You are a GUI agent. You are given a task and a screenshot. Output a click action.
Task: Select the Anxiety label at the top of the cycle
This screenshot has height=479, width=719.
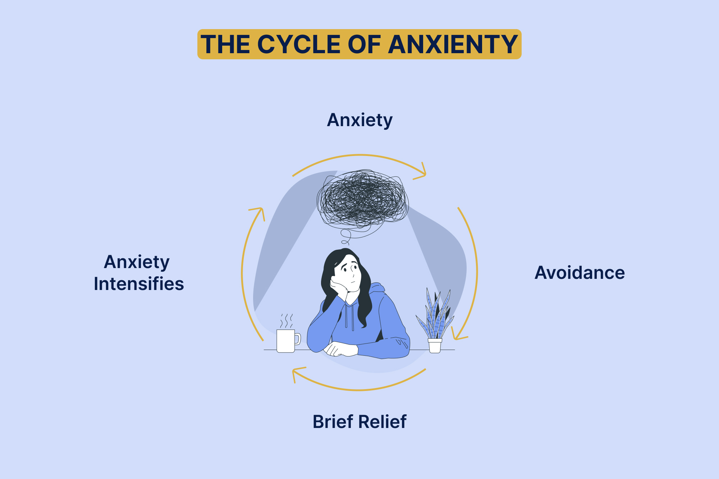coord(359,120)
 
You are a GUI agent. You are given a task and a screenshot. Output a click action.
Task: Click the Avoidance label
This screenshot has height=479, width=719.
coord(580,273)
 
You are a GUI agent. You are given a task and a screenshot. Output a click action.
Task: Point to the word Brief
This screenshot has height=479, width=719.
coord(333,422)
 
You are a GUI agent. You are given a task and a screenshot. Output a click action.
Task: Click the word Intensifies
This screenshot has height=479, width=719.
coord(139,284)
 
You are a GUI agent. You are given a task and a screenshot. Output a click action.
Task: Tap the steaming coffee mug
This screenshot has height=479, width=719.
coord(286,341)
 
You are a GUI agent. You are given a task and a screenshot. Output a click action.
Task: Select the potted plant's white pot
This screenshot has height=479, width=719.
coord(435,346)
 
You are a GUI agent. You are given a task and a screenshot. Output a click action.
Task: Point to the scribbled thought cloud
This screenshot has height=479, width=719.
coord(362,199)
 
